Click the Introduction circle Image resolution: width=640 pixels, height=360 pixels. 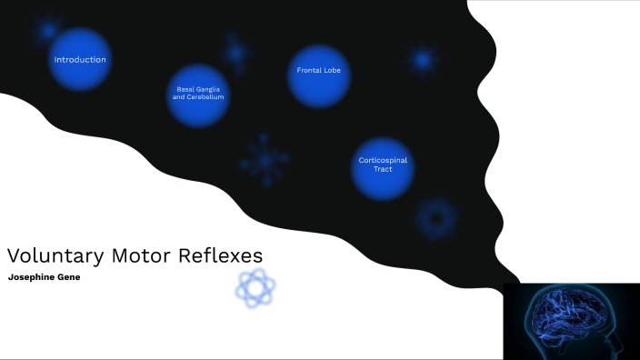pyautogui.click(x=80, y=60)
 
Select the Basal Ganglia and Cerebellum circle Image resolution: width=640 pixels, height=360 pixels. pyautogui.click(x=198, y=94)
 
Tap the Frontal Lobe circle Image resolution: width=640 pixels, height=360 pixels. pyautogui.click(x=319, y=71)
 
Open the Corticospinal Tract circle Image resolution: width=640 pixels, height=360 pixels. pyautogui.click(x=383, y=165)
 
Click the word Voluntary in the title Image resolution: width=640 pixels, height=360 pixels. pyautogui.click(x=54, y=255)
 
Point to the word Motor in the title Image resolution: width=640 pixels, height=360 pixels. pyautogui.click(x=139, y=255)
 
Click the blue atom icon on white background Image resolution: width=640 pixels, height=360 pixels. pyautogui.click(x=255, y=288)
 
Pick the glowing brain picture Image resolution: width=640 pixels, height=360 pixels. pyautogui.click(x=571, y=321)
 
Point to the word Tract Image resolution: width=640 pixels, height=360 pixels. pyautogui.click(x=383, y=169)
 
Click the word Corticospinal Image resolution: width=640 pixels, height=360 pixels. pyautogui.click(x=383, y=160)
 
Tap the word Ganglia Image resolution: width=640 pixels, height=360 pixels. pyautogui.click(x=210, y=89)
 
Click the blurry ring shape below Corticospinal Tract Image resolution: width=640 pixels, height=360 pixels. pyautogui.click(x=435, y=218)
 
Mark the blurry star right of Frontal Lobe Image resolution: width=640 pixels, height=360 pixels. pyautogui.click(x=422, y=60)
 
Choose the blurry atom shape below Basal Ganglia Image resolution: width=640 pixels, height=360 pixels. pyautogui.click(x=265, y=160)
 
